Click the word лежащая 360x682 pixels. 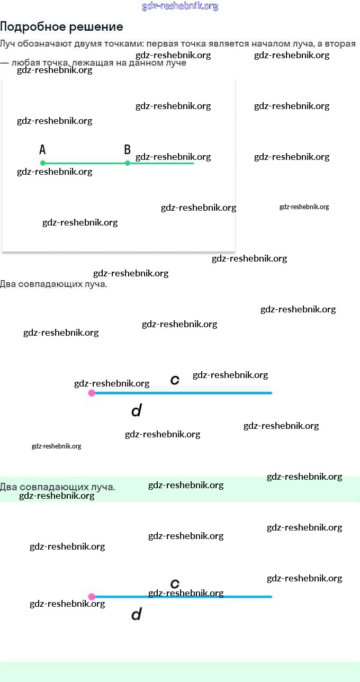coord(92,63)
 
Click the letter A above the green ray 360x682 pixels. coord(42,150)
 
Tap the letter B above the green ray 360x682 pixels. coord(127,150)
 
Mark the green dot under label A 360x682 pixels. coord(43,163)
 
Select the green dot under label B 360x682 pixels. coord(127,163)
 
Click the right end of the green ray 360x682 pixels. coord(193,163)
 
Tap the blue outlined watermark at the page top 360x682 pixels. coord(180,6)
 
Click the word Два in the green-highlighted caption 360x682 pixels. coord(7,487)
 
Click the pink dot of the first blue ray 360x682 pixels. coord(92,393)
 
